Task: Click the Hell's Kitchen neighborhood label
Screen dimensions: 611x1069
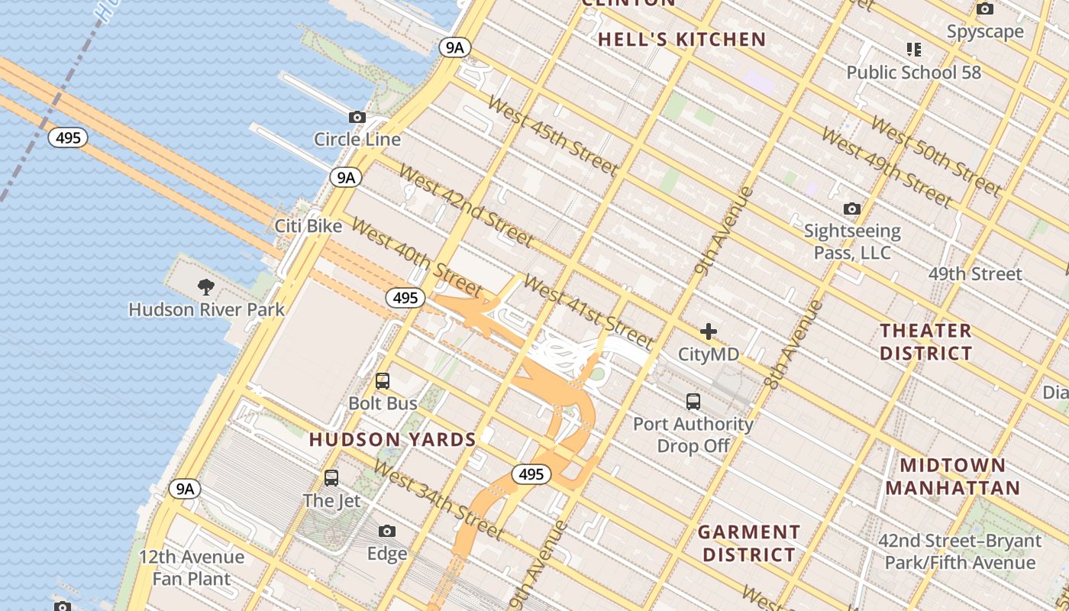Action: click(x=681, y=40)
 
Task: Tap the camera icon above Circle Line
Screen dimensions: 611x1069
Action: click(x=357, y=118)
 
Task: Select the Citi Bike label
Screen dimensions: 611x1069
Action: click(x=308, y=226)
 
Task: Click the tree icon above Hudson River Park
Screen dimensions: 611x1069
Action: click(x=205, y=287)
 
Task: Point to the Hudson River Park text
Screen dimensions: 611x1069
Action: click(x=206, y=309)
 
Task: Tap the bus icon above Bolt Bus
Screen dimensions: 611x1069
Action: click(x=383, y=380)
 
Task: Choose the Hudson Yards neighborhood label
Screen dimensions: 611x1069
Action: click(x=392, y=440)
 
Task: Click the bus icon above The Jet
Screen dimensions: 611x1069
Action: click(x=331, y=478)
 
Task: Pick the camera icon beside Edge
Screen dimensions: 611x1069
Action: click(x=387, y=532)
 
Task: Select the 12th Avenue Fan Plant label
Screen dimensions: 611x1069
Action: click(x=192, y=567)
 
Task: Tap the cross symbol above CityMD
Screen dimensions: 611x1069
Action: click(x=709, y=331)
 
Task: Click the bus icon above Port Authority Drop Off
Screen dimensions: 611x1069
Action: click(x=693, y=401)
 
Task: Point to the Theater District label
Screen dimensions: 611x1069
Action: click(x=925, y=341)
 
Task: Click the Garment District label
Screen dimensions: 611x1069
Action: click(x=749, y=543)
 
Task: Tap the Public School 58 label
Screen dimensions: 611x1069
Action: click(x=913, y=73)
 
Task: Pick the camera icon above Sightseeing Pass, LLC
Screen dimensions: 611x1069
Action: click(x=851, y=209)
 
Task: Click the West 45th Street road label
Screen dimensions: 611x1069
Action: click(x=551, y=135)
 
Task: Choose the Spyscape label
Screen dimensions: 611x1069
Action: click(x=985, y=31)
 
